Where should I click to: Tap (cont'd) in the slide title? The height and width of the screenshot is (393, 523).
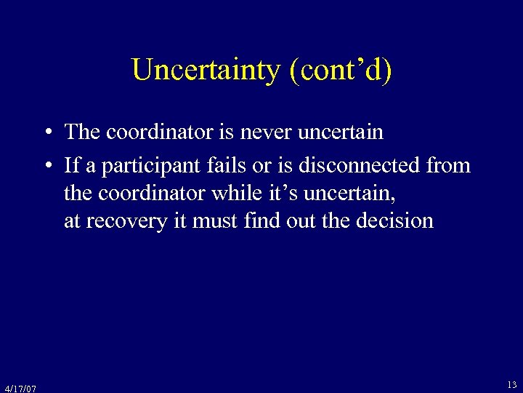click(x=340, y=70)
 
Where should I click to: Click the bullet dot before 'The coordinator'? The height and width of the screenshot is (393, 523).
click(x=46, y=132)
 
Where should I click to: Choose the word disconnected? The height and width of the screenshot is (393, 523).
click(x=360, y=166)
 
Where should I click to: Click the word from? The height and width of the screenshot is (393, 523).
click(x=448, y=166)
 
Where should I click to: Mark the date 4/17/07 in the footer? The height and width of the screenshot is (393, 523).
click(x=20, y=388)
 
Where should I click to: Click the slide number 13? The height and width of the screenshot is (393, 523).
click(x=512, y=384)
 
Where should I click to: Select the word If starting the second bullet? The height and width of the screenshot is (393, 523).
click(x=71, y=166)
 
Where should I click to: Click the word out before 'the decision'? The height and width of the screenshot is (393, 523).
click(x=301, y=221)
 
